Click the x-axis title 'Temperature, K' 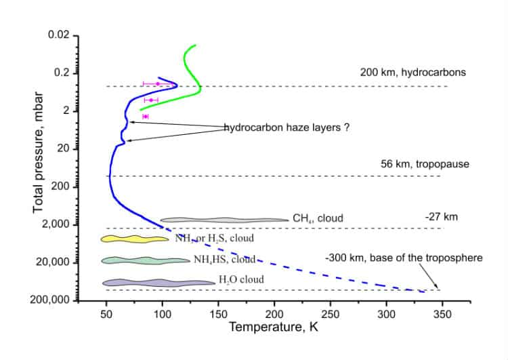tap(273, 327)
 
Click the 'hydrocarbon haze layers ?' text tap(287, 127)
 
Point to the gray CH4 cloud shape tap(224, 220)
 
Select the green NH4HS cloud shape tap(145, 260)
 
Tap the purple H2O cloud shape tap(157, 283)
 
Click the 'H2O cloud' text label tap(242, 279)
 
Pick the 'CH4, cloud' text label tap(318, 218)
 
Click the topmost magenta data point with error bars tap(158, 83)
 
